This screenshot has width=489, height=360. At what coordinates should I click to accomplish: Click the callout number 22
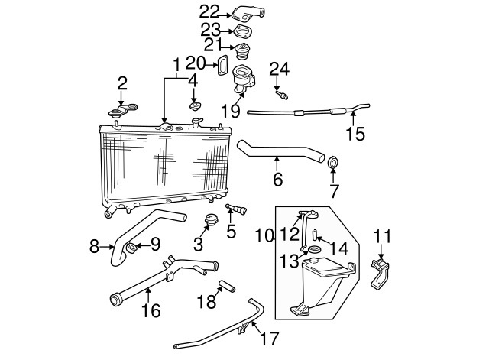click(x=209, y=11)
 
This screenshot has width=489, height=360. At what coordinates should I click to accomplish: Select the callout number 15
click(x=355, y=135)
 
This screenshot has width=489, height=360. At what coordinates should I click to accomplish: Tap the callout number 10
click(x=264, y=236)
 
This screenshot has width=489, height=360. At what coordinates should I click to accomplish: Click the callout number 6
click(x=277, y=180)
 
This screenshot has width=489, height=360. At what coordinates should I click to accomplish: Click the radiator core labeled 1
click(x=164, y=164)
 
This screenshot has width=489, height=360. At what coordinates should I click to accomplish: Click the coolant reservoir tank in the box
click(x=321, y=283)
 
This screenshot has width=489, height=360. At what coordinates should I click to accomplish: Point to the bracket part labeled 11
click(x=381, y=272)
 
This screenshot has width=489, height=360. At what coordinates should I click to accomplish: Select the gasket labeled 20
click(x=222, y=66)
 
